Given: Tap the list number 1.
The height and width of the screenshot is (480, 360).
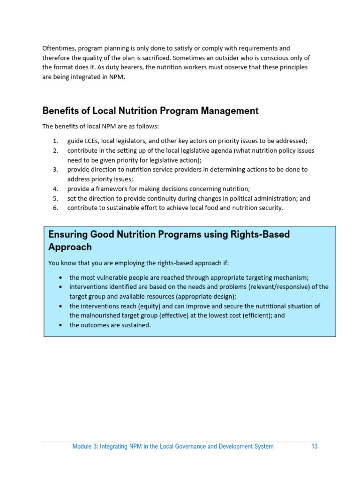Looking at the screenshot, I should coord(55,141).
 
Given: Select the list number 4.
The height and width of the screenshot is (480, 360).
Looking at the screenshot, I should coord(55,189).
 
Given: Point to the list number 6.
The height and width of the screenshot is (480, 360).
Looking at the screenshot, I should coord(55,208).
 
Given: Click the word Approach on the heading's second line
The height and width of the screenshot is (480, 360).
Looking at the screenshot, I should coord(70,247).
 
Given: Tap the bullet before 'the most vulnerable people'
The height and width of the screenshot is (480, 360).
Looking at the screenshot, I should coord(61,277).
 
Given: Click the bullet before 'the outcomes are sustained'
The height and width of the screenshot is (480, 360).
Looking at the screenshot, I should coord(61,325).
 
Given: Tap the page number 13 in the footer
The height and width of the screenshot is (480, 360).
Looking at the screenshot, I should coord(315,446).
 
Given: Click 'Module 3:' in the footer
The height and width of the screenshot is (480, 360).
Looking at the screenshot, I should coord(85,446).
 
